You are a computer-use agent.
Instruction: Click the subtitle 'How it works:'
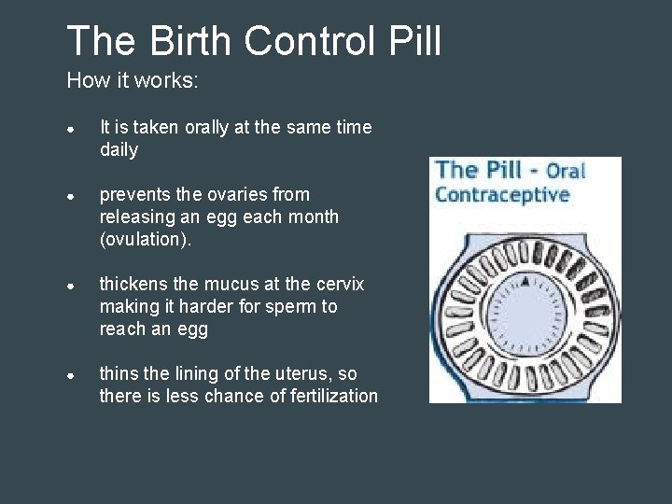[x=133, y=81]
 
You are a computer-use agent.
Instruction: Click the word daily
[x=119, y=150]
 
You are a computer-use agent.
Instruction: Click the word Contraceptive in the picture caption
[x=502, y=195]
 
